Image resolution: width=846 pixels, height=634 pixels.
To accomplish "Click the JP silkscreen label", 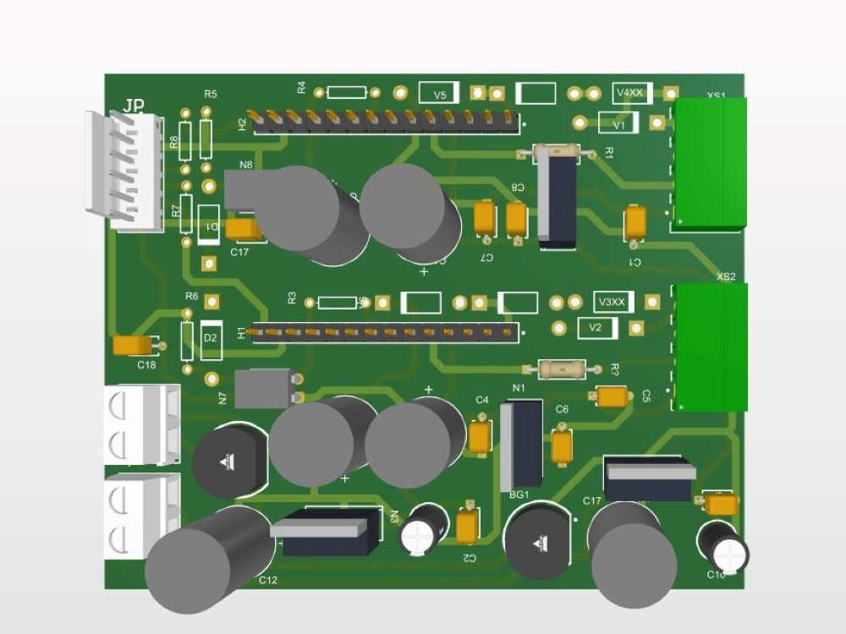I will point(134,106).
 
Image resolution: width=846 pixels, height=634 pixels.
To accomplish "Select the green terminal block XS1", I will point(710,162).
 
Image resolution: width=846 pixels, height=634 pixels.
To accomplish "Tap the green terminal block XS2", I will point(711,347).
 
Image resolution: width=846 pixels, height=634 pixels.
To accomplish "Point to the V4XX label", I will point(630,92).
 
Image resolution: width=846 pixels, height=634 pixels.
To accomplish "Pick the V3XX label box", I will point(612,302).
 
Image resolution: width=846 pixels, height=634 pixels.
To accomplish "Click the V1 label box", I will point(619,123).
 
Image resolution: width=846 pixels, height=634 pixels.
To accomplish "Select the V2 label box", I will point(596,327).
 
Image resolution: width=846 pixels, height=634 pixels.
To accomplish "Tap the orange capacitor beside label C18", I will point(133,345).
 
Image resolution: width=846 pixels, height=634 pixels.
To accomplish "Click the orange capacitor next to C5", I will point(612,395).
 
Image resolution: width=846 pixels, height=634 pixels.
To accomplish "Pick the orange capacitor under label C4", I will point(480,436).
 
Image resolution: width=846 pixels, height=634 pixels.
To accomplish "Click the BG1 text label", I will point(519,495).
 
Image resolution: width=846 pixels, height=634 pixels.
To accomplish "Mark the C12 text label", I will point(268,580).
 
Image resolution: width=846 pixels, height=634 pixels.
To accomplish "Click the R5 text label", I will point(211,94).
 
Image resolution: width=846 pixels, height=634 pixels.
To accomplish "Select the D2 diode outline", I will point(211,337).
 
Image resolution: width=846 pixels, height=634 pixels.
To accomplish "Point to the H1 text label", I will point(242,333).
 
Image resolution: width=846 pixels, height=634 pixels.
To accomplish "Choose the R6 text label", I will point(192,297).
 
